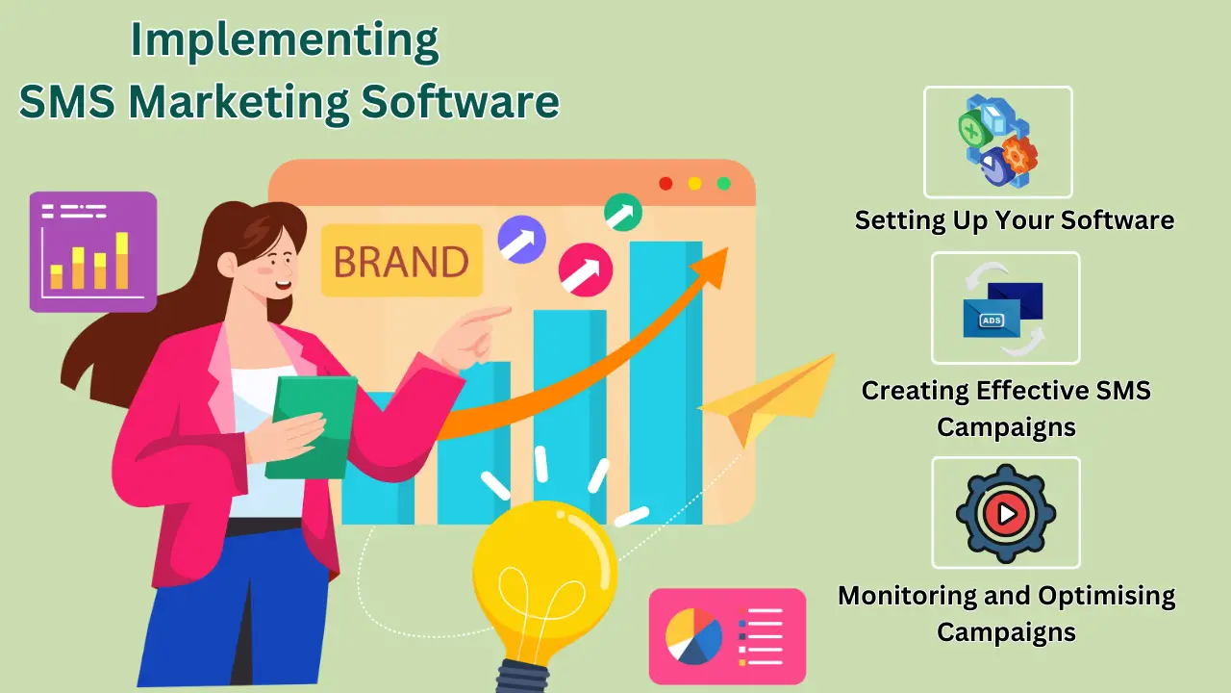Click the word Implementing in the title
click(285, 41)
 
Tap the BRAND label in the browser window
click(401, 261)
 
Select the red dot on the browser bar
click(666, 183)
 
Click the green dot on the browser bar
click(723, 183)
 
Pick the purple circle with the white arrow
click(521, 240)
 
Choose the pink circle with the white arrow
click(586, 269)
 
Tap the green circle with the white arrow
click(623, 212)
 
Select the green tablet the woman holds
click(310, 425)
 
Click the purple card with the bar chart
click(93, 251)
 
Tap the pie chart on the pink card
click(693, 636)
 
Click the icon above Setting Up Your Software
click(997, 141)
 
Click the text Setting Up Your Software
click(1015, 219)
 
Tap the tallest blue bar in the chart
click(666, 385)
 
